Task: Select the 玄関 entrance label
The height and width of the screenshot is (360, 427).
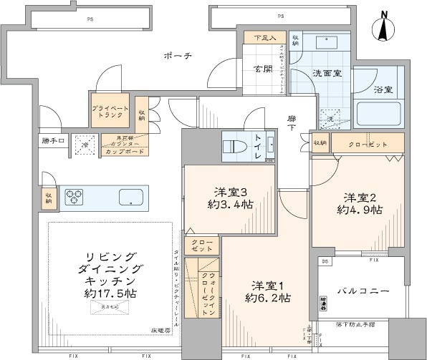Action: click(x=263, y=69)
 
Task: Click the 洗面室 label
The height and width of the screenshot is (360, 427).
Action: click(x=325, y=73)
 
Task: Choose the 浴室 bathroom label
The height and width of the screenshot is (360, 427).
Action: click(x=383, y=89)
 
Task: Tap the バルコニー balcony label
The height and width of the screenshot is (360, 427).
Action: click(x=364, y=291)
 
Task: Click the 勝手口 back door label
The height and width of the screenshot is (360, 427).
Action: click(x=52, y=140)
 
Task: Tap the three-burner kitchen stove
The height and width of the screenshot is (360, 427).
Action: click(x=75, y=197)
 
